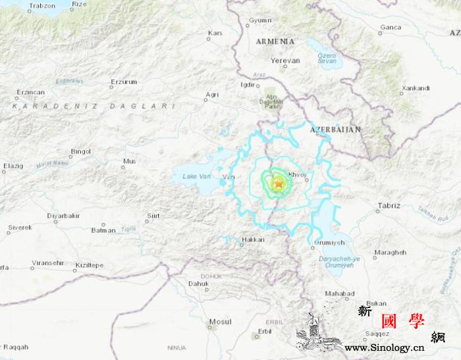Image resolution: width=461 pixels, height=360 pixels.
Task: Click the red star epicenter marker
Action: pos(278,185)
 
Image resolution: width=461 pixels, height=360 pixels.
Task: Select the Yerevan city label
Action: pos(285,61)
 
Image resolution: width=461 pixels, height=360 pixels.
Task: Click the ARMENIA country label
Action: pos(276,41)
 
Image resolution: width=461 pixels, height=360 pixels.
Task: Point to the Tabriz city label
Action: pos(389,206)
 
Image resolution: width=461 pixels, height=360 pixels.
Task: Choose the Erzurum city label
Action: pos(124,82)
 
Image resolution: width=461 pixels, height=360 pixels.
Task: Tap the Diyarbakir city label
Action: pos(63,216)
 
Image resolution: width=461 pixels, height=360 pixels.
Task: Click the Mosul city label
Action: pos(219,322)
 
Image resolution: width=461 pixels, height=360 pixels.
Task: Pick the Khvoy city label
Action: pos(298,175)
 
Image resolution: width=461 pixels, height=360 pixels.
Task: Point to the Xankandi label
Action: pos(416,88)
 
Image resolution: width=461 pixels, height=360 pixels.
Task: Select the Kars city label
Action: pos(215,33)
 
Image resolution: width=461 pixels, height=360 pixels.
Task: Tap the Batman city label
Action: pos(103,230)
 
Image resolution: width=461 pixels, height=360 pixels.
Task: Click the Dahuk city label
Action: pos(198,284)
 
